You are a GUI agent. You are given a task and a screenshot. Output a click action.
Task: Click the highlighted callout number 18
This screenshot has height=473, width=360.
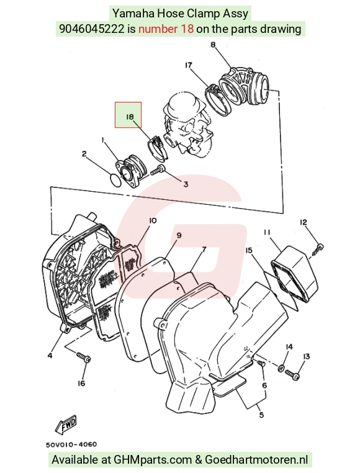(x=130, y=117)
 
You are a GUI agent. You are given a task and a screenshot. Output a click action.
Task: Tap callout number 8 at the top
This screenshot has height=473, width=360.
(x=213, y=45)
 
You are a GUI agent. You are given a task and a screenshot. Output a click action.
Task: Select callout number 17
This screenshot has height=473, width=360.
(x=189, y=65)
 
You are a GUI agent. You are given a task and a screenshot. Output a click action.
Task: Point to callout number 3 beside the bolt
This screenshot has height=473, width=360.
(x=186, y=184)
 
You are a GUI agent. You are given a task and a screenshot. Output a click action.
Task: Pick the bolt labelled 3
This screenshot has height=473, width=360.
(x=158, y=171)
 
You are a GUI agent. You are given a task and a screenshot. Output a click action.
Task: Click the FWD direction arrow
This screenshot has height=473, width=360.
(x=66, y=425)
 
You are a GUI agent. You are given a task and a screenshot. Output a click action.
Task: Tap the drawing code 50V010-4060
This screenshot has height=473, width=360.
(x=71, y=444)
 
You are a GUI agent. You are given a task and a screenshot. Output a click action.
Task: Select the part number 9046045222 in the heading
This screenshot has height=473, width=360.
(x=91, y=29)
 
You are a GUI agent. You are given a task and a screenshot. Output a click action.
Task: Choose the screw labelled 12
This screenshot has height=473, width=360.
(x=317, y=250)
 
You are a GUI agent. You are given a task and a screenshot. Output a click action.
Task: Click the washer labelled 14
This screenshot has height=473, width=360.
(x=281, y=367)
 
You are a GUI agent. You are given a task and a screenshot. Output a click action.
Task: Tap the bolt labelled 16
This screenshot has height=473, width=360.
(x=84, y=357)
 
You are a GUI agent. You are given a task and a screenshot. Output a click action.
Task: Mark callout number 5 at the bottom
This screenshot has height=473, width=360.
(x=261, y=415)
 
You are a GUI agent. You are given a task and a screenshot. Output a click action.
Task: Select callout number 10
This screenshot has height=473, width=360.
(x=153, y=221)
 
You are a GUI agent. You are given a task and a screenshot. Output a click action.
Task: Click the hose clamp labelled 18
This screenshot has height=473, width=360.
(x=157, y=148)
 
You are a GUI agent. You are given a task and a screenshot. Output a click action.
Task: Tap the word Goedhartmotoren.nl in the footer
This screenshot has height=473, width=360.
(x=256, y=460)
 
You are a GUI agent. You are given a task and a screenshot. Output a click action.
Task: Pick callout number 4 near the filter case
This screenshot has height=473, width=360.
(x=50, y=356)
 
